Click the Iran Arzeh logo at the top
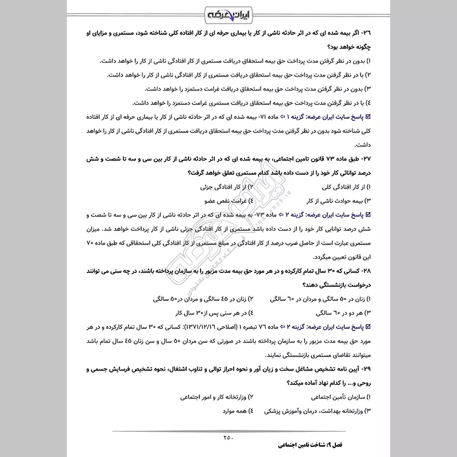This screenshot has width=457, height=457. [228, 13]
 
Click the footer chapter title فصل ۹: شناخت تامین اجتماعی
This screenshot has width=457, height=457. [311, 444]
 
